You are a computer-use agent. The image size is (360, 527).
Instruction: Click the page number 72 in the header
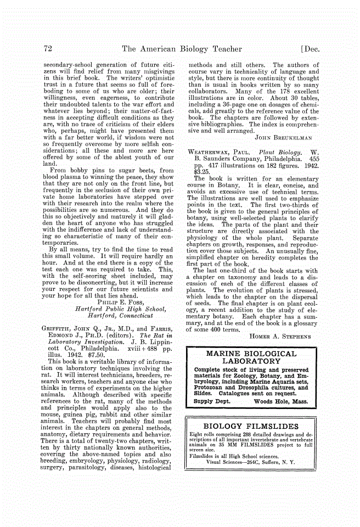(x=48, y=49)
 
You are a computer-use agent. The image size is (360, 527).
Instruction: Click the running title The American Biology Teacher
(x=182, y=49)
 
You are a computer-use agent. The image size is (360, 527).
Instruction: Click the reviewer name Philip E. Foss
(x=124, y=301)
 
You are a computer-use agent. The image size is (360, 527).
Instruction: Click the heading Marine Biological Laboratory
(x=251, y=358)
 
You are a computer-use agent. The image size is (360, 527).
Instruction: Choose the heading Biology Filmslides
(x=251, y=426)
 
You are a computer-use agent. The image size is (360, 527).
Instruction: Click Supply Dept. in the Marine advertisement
(x=212, y=402)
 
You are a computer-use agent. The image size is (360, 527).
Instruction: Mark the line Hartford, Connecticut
(x=122, y=316)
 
